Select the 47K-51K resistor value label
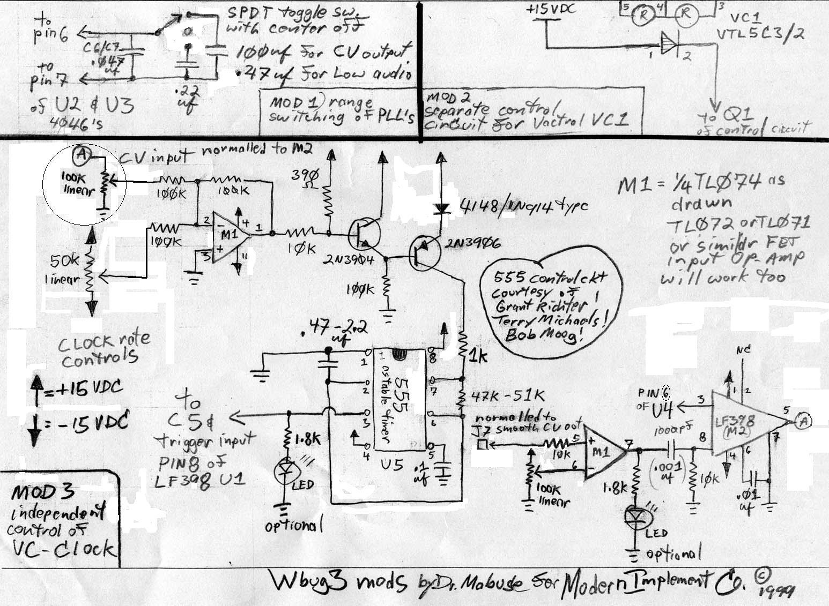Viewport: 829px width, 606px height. coord(508,396)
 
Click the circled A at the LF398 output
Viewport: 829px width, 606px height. coord(803,421)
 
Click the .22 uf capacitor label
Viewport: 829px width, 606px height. coord(186,96)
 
